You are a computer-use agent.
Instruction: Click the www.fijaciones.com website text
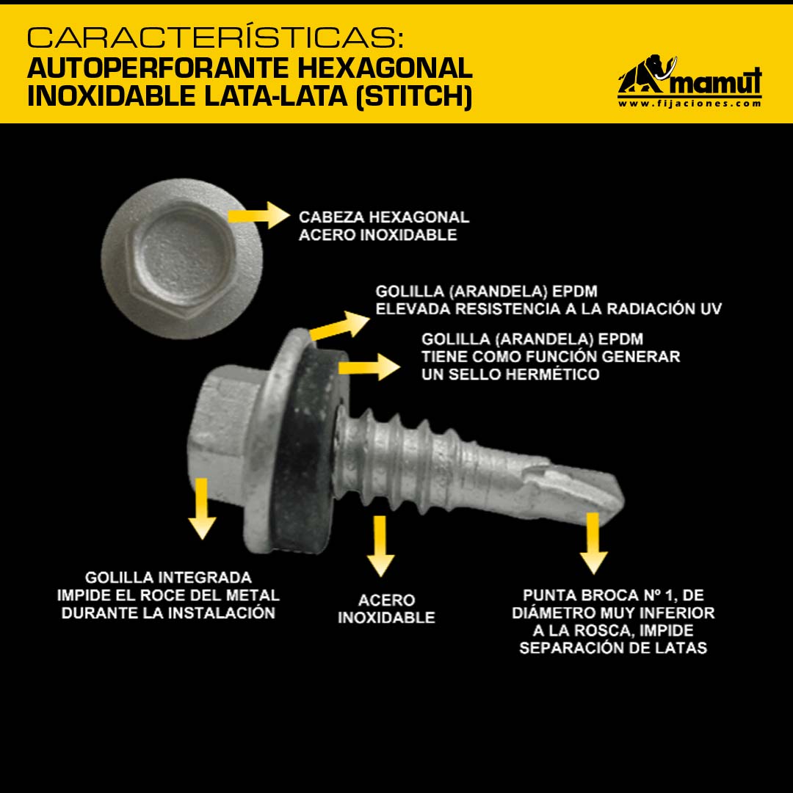(689, 104)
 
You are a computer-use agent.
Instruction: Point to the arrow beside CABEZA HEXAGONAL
(258, 215)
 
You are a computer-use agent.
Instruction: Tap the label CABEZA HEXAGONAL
(384, 217)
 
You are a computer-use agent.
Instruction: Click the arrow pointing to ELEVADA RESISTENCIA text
(338, 326)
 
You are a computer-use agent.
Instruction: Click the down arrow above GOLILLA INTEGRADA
(202, 508)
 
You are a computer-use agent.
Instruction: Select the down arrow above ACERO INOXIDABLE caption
(380, 546)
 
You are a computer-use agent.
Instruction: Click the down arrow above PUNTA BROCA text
(593, 543)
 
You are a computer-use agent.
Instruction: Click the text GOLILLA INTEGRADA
(168, 578)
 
